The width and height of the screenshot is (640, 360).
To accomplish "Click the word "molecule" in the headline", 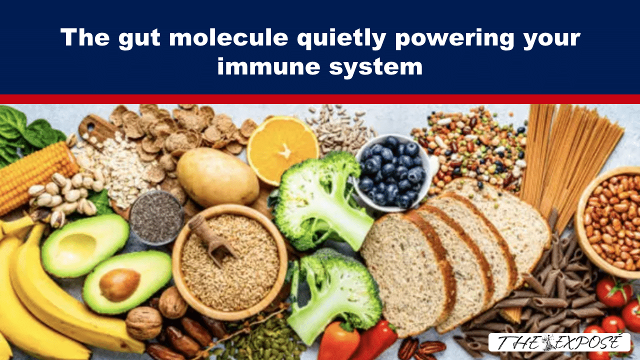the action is point(228,37).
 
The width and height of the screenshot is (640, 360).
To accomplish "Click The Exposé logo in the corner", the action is point(559,342).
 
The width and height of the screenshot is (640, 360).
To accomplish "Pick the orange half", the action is point(282,149).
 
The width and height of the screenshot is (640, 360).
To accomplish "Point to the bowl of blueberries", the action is point(393,173).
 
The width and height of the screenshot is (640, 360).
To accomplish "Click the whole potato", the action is point(217,177).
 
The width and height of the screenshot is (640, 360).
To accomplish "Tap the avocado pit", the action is point(119,285).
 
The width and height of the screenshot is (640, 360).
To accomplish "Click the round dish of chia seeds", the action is point(156,217).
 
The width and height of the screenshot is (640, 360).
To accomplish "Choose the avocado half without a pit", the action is point(85,245).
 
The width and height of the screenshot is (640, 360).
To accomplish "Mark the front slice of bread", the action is point(408,271).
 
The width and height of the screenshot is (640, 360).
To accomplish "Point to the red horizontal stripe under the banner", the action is point(320,99).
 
